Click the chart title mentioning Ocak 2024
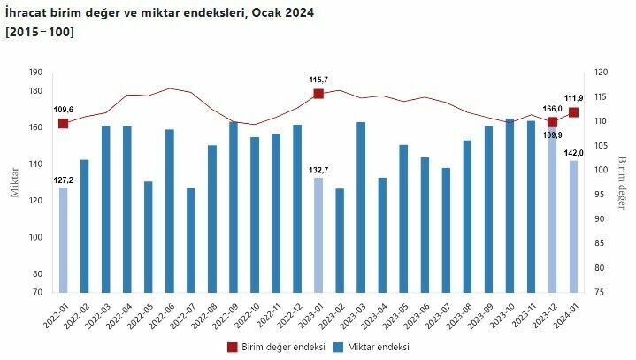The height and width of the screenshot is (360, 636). [159, 13]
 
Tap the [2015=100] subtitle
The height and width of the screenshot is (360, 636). [40, 32]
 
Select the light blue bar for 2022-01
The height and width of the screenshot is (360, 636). [63, 240]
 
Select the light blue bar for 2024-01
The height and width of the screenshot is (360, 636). [573, 226]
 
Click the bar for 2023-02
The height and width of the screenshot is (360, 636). [340, 240]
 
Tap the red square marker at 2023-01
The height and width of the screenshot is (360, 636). [318, 93]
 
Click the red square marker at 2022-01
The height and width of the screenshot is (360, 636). [63, 123]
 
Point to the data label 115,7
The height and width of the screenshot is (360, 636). [318, 80]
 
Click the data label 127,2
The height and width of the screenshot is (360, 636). [63, 180]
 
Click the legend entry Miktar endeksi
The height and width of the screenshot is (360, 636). [371, 347]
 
